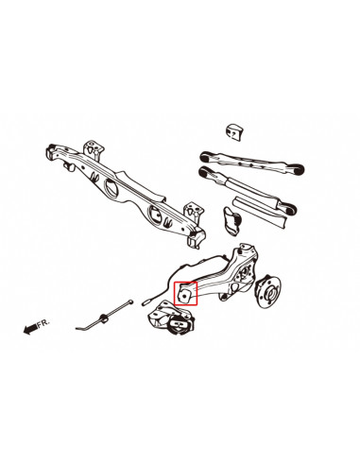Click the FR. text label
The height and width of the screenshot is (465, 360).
click(x=42, y=324)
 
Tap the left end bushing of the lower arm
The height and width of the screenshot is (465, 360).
click(x=203, y=172)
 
